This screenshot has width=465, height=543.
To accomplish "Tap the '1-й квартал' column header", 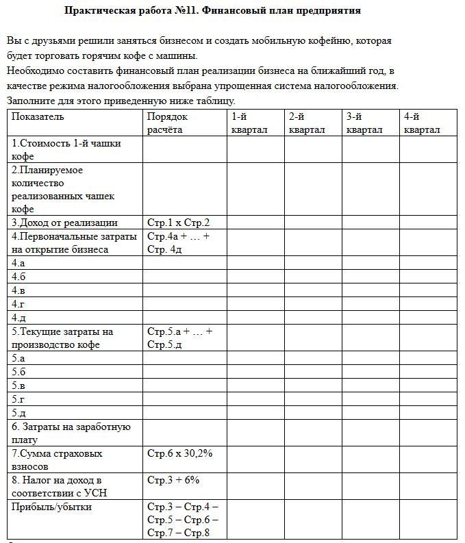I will point(249,123).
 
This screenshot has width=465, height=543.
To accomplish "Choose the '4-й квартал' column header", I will point(421,123).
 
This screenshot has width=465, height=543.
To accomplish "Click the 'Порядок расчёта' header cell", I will point(167,123).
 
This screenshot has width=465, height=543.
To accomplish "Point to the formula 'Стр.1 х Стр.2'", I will point(178,223).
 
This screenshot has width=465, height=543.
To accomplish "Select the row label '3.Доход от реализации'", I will point(64,223).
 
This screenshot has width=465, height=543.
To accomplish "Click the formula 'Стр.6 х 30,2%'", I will point(180,453).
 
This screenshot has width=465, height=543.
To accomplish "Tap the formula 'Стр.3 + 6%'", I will point(173,480).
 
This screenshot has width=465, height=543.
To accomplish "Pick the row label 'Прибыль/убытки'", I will point(51,507).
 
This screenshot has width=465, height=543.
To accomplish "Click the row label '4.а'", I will point(18,263).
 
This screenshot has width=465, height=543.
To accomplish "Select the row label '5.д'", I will point(18,412).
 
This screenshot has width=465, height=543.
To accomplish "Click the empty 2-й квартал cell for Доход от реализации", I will point(313,223).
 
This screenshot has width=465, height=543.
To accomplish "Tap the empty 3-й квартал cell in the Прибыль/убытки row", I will point(370,520).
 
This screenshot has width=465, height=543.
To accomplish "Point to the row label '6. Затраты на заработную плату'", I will point(71,433).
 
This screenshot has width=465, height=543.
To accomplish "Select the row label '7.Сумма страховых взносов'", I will point(57,459).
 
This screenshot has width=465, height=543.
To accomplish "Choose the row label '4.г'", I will point(18,304).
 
